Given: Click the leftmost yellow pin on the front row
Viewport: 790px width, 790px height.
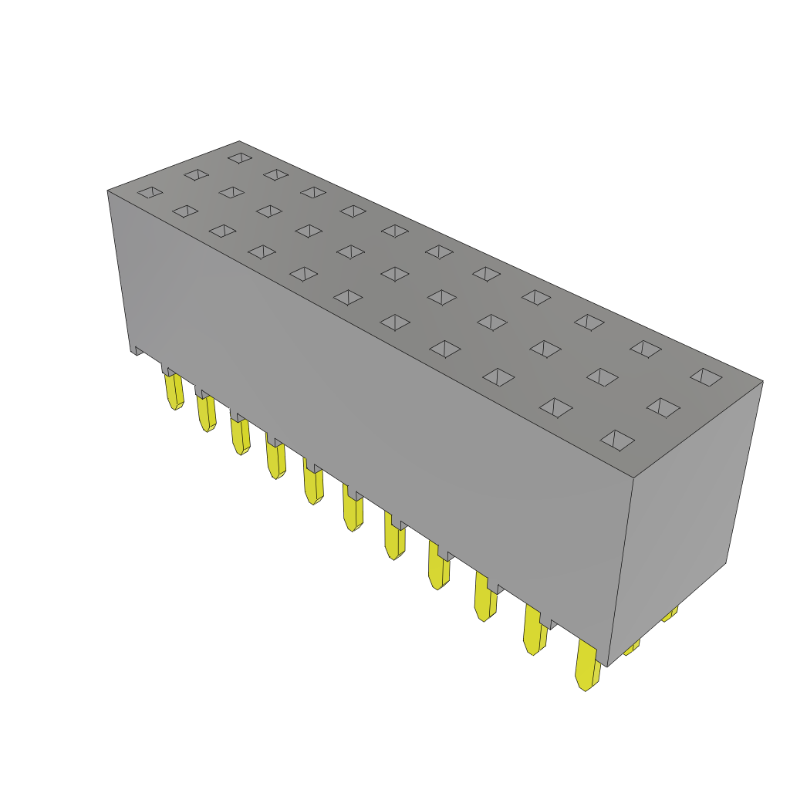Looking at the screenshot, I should click(174, 390).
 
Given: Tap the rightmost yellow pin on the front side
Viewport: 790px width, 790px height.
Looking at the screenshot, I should click(586, 665).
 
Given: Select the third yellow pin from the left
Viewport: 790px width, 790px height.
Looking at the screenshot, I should click(240, 437).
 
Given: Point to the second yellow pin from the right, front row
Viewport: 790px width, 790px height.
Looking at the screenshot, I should click(534, 630).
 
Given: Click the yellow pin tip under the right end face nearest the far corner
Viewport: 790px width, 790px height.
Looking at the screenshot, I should click(669, 614).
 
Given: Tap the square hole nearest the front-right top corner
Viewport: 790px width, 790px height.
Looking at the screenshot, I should click(617, 441).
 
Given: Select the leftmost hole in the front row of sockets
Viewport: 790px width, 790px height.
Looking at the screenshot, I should click(150, 192).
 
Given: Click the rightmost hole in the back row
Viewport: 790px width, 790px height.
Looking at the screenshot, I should click(706, 376).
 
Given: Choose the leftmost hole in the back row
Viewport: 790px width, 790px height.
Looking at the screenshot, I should click(240, 157).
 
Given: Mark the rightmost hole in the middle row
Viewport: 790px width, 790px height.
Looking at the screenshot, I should click(663, 407).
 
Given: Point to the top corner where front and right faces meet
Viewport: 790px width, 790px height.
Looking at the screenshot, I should click(633, 478).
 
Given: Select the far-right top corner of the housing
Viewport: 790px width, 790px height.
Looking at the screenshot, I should click(762, 381).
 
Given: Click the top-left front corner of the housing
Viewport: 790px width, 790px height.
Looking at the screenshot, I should click(108, 191).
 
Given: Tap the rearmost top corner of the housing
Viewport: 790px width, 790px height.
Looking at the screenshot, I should click(239, 141).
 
